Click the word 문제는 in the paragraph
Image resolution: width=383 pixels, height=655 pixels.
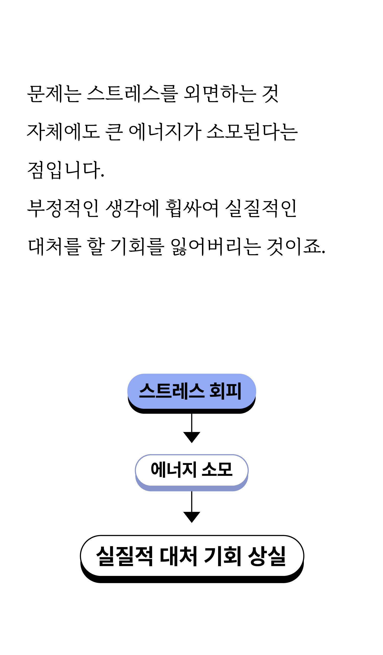54,94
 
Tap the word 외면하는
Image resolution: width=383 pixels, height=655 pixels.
220,94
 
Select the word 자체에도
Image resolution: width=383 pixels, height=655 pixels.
63,132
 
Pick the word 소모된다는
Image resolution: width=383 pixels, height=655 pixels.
252,132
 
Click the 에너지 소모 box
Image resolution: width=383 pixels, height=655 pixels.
192,470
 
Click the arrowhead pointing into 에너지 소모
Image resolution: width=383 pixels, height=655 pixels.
192,437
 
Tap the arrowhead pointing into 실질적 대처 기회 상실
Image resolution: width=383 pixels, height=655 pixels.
192,517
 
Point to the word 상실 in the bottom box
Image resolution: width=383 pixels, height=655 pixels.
267,556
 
